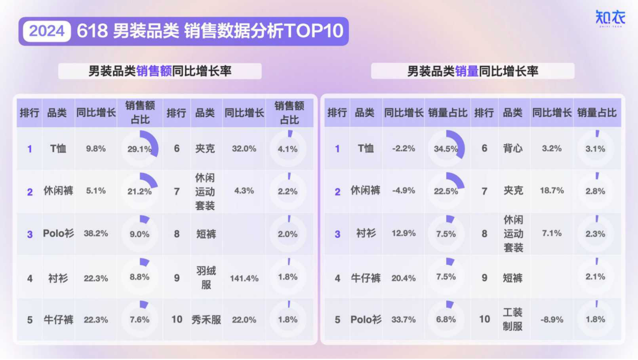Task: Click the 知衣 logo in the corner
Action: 610,18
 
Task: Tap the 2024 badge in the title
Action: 47,31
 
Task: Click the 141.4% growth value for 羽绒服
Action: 244,278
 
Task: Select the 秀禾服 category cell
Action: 206,320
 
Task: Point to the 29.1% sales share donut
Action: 139,149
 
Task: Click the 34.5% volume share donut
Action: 446,149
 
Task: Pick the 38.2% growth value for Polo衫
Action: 96,233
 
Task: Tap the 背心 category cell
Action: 513,149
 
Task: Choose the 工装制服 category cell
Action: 513,319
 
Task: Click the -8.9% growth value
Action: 552,320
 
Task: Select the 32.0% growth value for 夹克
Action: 244,149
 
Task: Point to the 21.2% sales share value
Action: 139,192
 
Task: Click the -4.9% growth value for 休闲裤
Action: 404,191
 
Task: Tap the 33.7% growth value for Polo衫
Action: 404,320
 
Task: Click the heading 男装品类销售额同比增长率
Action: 160,72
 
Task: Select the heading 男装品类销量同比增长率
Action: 472,72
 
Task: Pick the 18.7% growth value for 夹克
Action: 552,191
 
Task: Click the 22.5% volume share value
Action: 446,192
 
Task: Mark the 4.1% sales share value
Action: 288,149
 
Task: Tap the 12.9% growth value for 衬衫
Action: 404,233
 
